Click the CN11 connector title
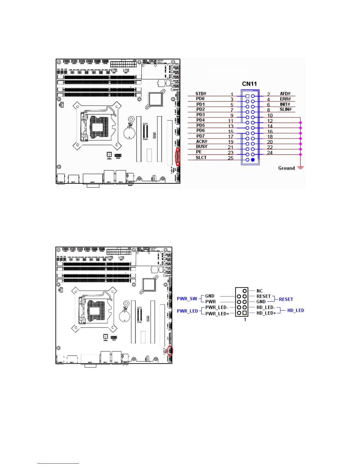[x=249, y=84]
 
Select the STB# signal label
[x=201, y=94]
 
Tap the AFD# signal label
[x=285, y=94]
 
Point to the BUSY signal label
[x=202, y=147]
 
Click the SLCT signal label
[x=201, y=158]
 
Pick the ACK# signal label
[x=202, y=142]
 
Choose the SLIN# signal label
[x=285, y=109]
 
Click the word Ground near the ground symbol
[x=286, y=168]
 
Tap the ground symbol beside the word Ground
[x=300, y=168]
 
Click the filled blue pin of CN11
[x=253, y=160]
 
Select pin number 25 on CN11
[x=231, y=158]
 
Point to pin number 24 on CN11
[x=270, y=153]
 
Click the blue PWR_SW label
[x=187, y=299]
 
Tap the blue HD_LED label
[x=296, y=310]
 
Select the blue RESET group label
[x=286, y=299]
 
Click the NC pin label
[x=259, y=291]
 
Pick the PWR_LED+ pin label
[x=217, y=314]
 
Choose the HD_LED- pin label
[x=266, y=307]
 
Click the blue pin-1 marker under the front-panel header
[x=245, y=319]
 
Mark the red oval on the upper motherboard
[x=178, y=157]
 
